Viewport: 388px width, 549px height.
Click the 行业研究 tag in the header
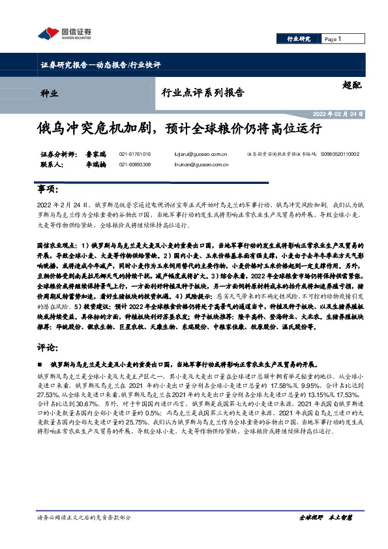(x=299, y=40)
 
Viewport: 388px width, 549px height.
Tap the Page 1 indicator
(x=333, y=40)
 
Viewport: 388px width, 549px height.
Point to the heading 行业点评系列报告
(x=203, y=92)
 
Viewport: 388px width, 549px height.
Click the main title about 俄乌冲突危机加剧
(x=179, y=128)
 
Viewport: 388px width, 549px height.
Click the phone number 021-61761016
(x=135, y=155)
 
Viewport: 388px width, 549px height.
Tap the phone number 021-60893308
(x=135, y=165)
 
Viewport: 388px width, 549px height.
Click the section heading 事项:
(x=47, y=189)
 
